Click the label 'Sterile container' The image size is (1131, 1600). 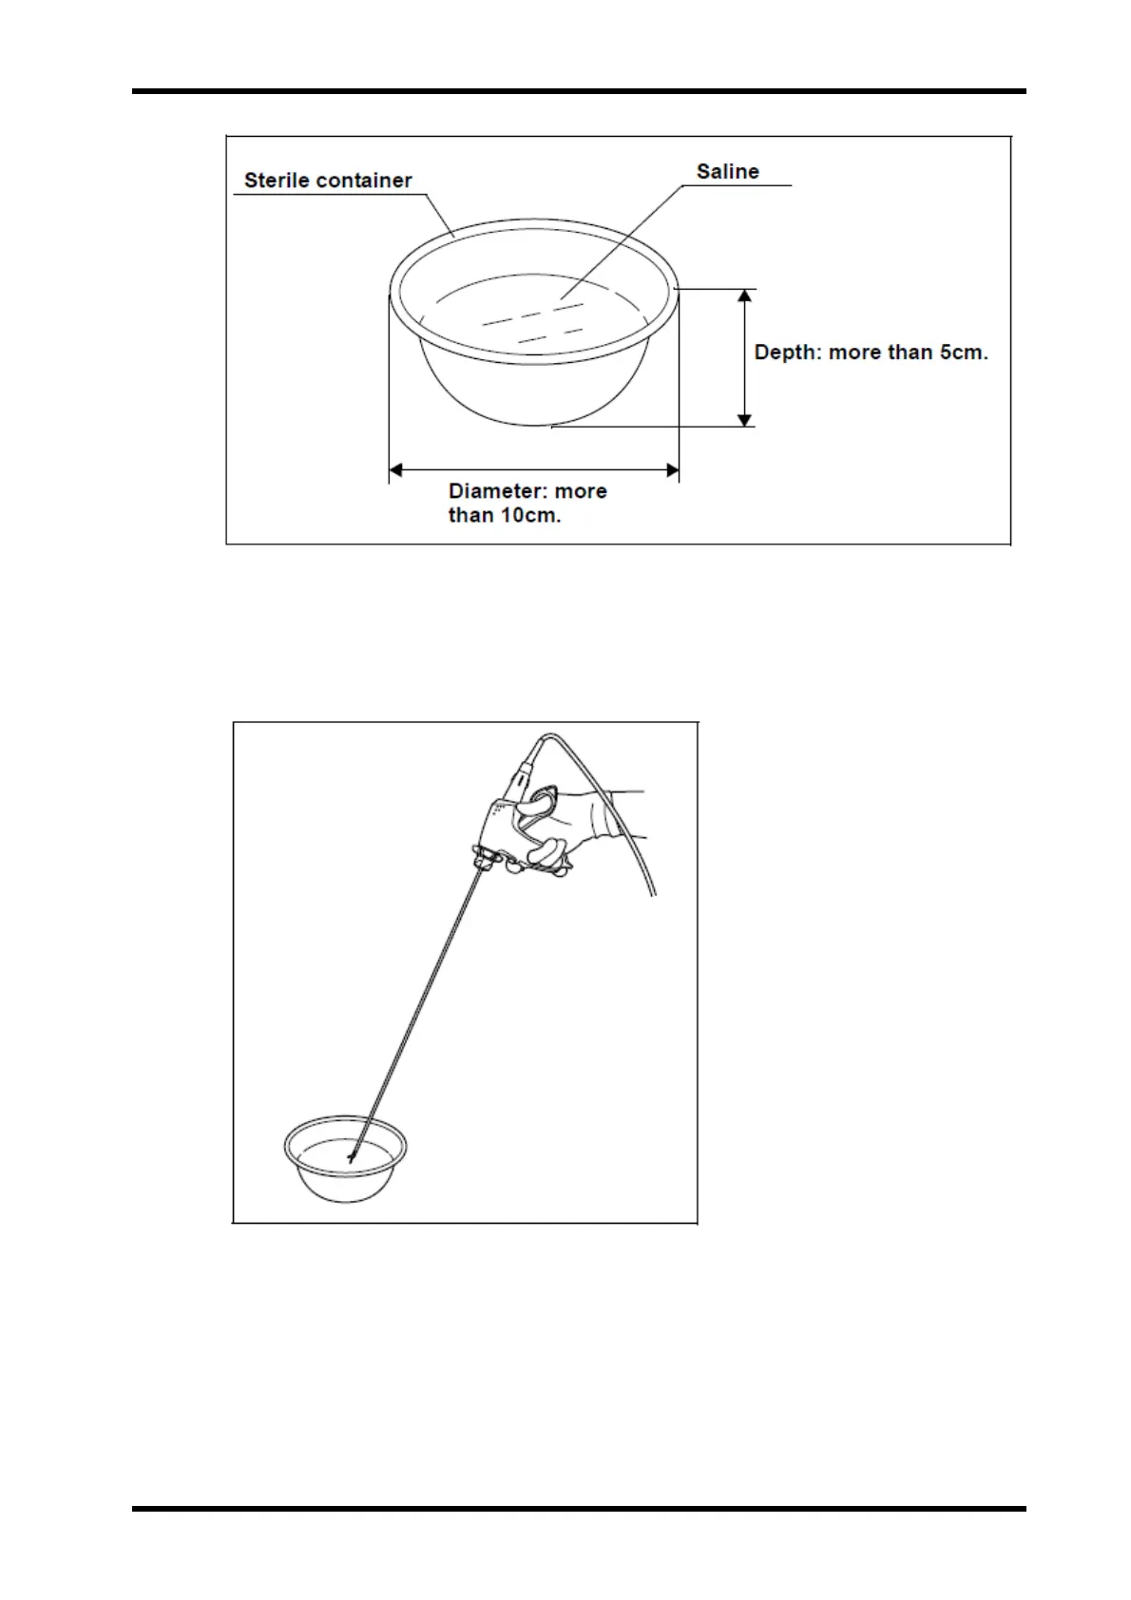pyautogui.click(x=328, y=181)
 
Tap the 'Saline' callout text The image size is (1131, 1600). pyautogui.click(x=727, y=172)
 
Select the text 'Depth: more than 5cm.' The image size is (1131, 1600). pyautogui.click(x=871, y=352)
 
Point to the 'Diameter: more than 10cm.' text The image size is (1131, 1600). pyautogui.click(x=527, y=504)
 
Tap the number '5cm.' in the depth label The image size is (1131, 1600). pyautogui.click(x=964, y=352)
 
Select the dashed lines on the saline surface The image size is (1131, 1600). pyautogui.click(x=532, y=323)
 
